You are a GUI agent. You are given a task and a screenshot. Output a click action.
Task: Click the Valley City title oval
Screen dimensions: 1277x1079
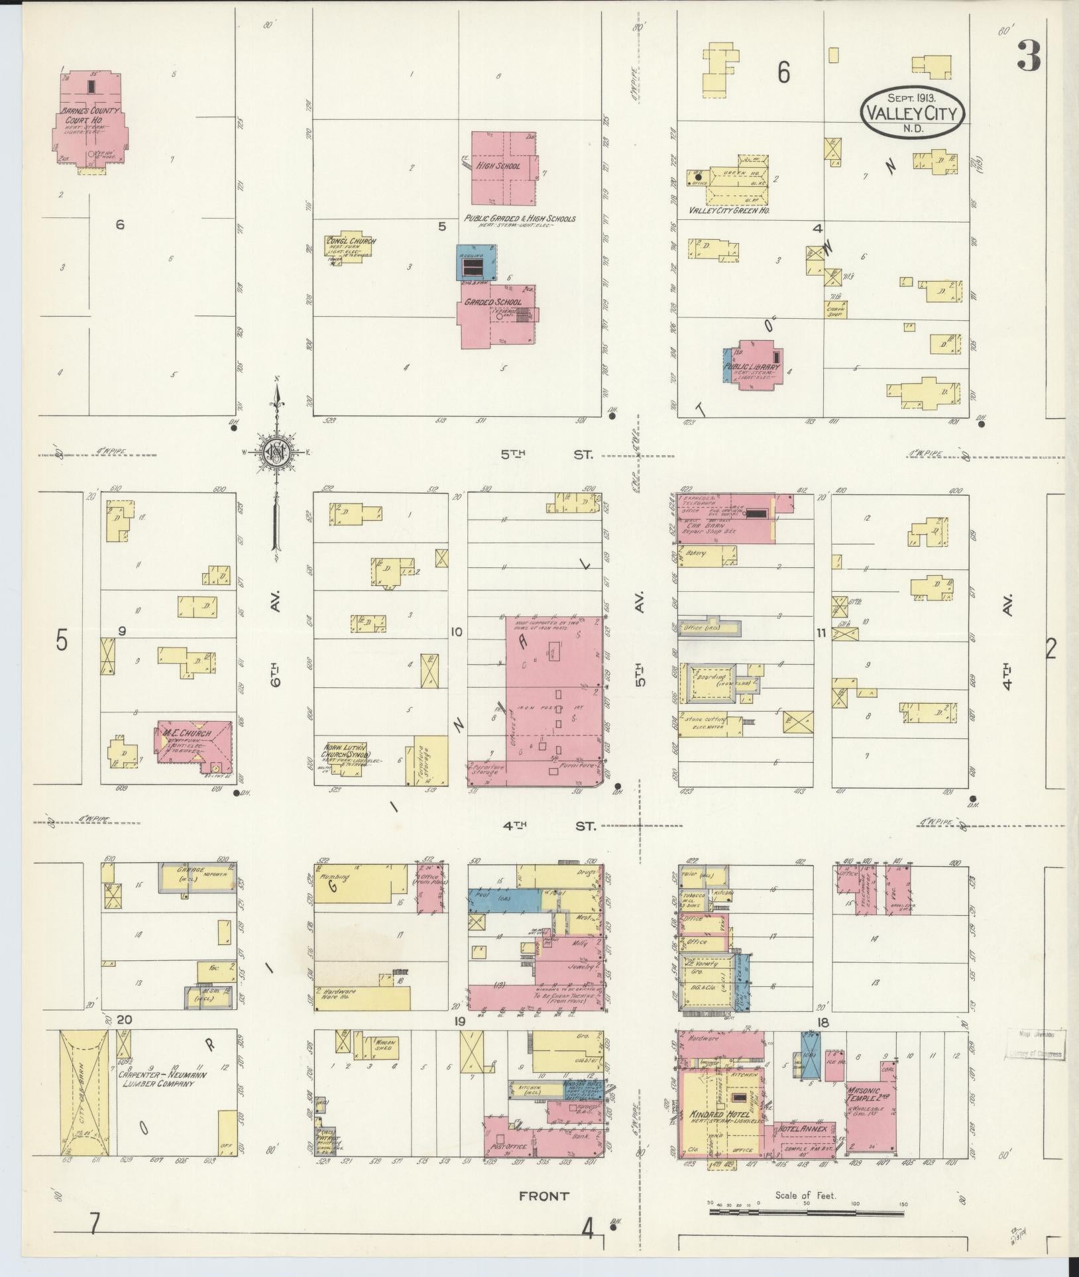[913, 113]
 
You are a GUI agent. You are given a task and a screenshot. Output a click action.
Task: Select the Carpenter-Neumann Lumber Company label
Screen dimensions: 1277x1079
[156, 1080]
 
